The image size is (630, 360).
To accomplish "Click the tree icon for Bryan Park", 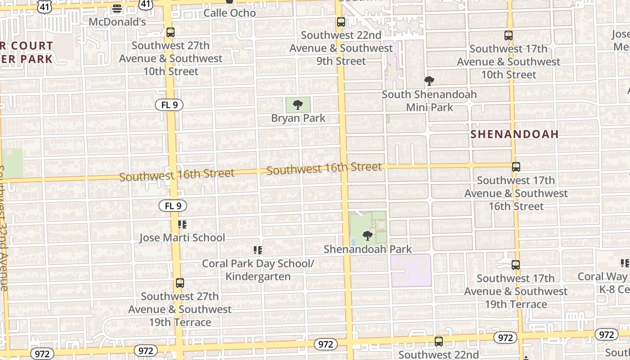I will pyautogui.click(x=297, y=105).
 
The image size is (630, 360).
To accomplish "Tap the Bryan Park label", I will pyautogui.click(x=298, y=118).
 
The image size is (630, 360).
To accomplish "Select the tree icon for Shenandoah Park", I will pyautogui.click(x=368, y=235).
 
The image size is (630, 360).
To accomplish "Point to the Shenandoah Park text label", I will pyautogui.click(x=368, y=249).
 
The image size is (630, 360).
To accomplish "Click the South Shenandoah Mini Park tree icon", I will pyautogui.click(x=429, y=81).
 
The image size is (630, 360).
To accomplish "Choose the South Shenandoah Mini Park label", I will pyautogui.click(x=429, y=101).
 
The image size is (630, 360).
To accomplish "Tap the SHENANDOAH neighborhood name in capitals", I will pyautogui.click(x=514, y=134).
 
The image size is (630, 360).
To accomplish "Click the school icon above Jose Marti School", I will pyautogui.click(x=182, y=224).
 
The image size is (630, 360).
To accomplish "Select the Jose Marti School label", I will pyautogui.click(x=182, y=238).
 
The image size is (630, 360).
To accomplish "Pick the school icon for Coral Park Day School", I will pyautogui.click(x=258, y=250).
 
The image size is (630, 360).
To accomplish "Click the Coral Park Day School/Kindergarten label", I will pyautogui.click(x=258, y=270).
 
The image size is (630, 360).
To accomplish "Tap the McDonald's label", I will pyautogui.click(x=117, y=22).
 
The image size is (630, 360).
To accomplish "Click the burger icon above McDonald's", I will pyautogui.click(x=117, y=9).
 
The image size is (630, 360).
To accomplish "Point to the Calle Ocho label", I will pyautogui.click(x=229, y=13).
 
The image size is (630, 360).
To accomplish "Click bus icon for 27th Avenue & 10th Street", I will pyautogui.click(x=171, y=32).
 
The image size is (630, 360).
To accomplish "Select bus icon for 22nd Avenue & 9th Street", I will pyautogui.click(x=341, y=22).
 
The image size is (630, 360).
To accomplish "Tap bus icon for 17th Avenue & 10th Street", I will pyautogui.click(x=508, y=35).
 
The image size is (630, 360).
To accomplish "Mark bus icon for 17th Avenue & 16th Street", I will pyautogui.click(x=516, y=167).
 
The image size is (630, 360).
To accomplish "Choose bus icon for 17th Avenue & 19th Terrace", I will pyautogui.click(x=516, y=265).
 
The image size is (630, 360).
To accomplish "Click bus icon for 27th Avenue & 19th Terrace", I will pyautogui.click(x=180, y=283).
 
